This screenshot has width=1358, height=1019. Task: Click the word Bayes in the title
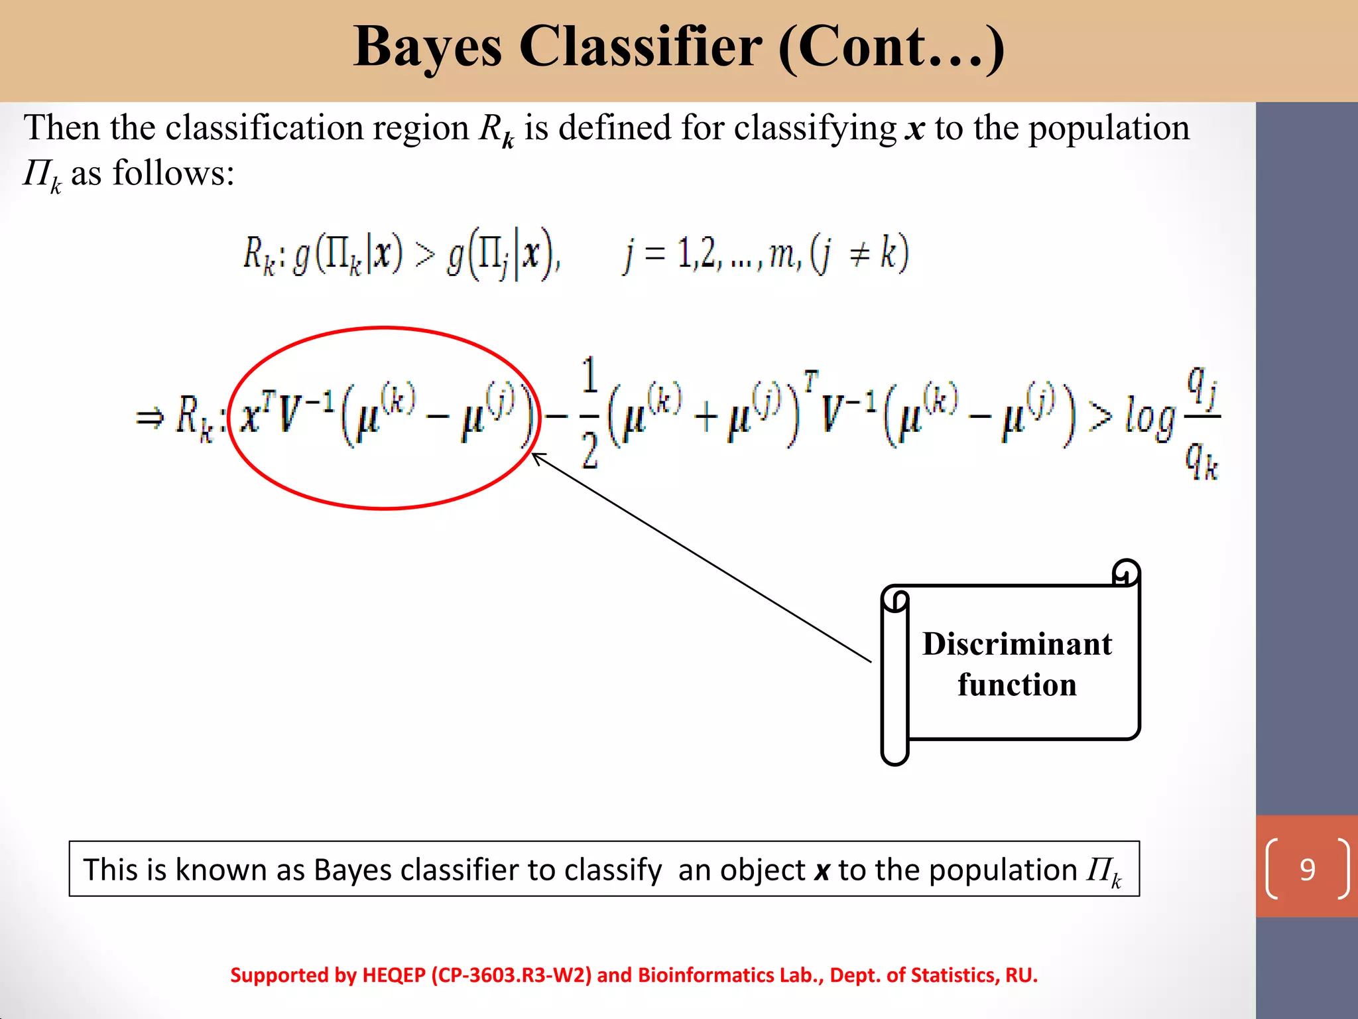coord(428,48)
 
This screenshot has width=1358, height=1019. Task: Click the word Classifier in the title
coord(641,48)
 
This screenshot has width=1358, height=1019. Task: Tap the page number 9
coord(1307,869)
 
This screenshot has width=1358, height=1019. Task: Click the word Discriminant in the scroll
coord(1017,644)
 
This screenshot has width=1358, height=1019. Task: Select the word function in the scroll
coord(1017,685)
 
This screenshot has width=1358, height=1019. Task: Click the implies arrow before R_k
coord(149,418)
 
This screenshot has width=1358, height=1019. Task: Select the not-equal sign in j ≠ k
coord(859,254)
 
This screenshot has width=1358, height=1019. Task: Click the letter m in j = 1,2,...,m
coord(782,254)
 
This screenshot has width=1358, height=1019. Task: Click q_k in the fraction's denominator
coord(1202,460)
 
